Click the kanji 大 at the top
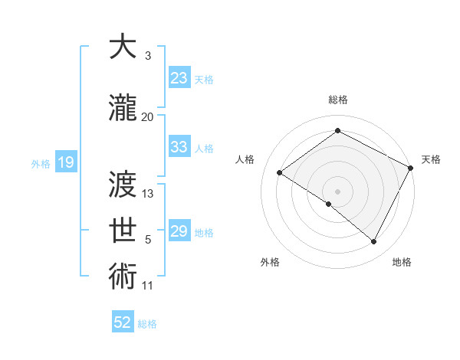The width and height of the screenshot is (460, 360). pyautogui.click(x=123, y=47)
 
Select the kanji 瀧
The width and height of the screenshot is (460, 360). pyautogui.click(x=123, y=110)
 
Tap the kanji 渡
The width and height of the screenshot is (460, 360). pyautogui.click(x=123, y=185)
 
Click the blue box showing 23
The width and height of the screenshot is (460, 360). pyautogui.click(x=179, y=77)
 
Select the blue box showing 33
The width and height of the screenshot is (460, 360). pyautogui.click(x=179, y=147)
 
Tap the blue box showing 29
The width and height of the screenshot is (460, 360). pyautogui.click(x=179, y=231)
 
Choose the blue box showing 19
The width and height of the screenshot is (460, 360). pyautogui.click(x=65, y=162)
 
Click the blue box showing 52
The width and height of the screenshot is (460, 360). pyautogui.click(x=123, y=322)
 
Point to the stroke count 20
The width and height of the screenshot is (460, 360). pyautogui.click(x=147, y=116)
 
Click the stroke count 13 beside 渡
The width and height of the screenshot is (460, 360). pyautogui.click(x=148, y=193)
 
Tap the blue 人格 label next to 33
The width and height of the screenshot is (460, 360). pyautogui.click(x=204, y=148)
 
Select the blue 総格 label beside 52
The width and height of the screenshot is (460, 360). pyautogui.click(x=148, y=323)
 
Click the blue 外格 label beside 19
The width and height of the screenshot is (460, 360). pyautogui.click(x=40, y=163)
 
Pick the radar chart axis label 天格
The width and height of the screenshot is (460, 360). pyautogui.click(x=431, y=159)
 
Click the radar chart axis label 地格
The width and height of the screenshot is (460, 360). pyautogui.click(x=402, y=262)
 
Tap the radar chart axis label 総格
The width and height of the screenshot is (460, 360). pyautogui.click(x=337, y=100)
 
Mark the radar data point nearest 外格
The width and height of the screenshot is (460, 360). pyautogui.click(x=329, y=204)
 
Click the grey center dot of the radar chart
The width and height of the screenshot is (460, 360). pyautogui.click(x=337, y=191)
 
